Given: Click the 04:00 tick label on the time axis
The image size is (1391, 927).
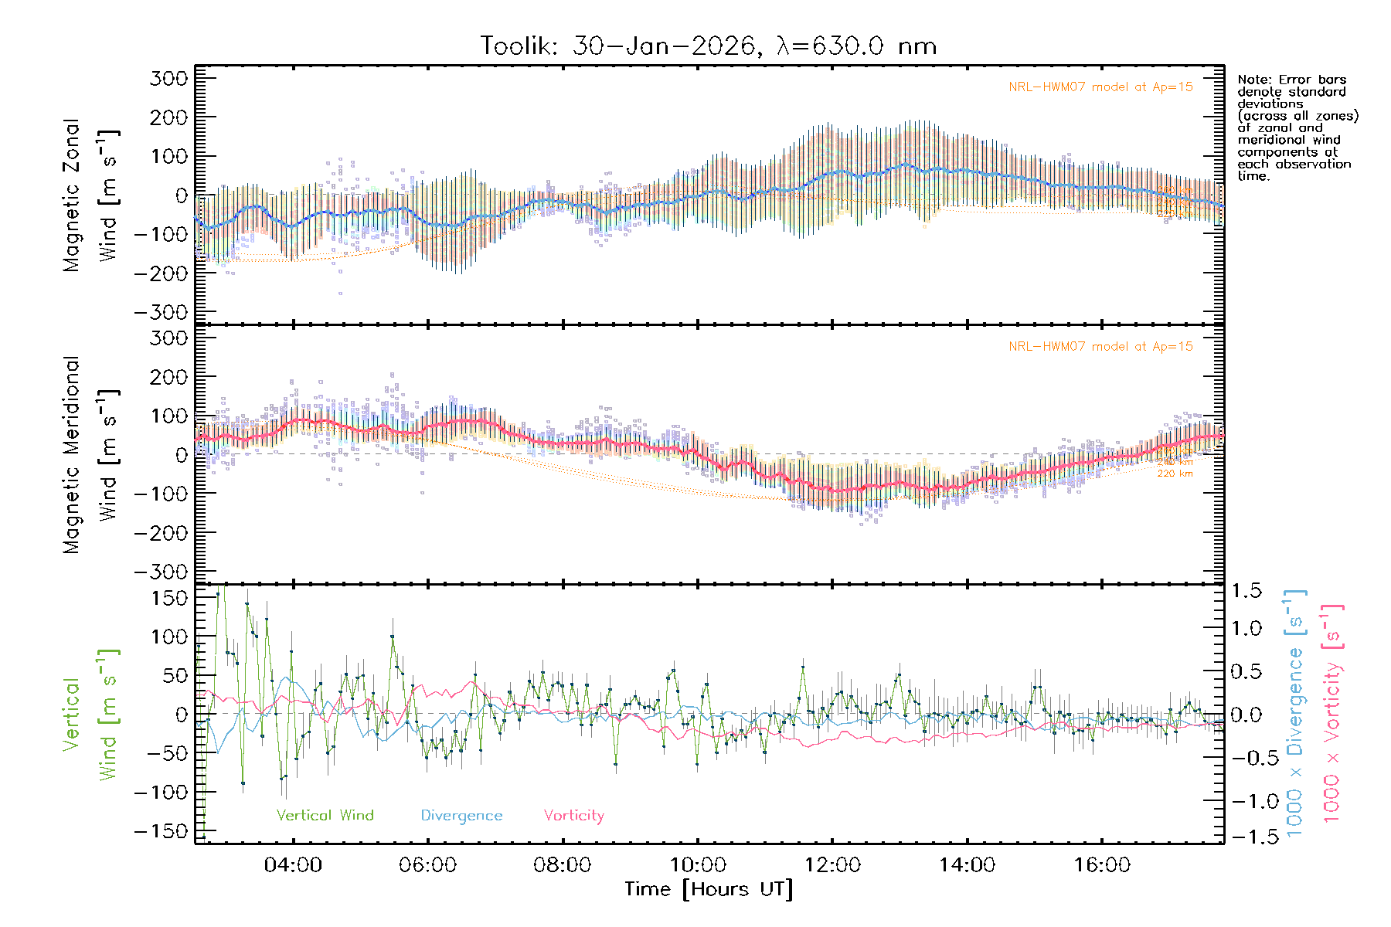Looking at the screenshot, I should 293,865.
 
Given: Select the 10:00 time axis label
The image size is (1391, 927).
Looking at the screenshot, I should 698,865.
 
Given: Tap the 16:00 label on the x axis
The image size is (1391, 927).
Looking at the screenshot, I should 1102,865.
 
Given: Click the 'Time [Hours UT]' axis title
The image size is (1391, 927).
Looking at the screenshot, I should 709,890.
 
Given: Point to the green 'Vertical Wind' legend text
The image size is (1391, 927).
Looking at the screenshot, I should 325,816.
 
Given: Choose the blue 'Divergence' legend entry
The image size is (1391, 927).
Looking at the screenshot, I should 461,816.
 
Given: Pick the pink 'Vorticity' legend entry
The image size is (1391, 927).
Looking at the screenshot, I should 573,816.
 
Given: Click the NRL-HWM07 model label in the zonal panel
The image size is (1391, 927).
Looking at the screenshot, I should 1100,87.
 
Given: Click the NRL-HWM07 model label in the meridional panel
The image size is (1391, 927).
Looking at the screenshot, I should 1100,347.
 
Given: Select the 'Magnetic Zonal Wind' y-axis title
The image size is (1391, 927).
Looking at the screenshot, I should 91,195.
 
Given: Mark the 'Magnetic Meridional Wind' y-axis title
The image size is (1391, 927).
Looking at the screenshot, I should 91,455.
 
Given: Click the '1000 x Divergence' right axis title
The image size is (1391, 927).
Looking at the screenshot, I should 1294,713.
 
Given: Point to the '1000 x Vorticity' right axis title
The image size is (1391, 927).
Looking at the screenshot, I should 1331,713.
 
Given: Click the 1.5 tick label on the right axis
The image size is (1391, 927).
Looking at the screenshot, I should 1246,591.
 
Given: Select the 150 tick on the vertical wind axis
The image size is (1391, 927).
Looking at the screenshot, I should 169,598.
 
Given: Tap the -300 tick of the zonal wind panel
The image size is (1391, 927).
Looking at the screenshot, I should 161,312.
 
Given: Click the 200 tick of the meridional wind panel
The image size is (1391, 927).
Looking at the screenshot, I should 169,377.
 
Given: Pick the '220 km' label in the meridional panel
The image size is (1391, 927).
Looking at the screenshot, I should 1175,474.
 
